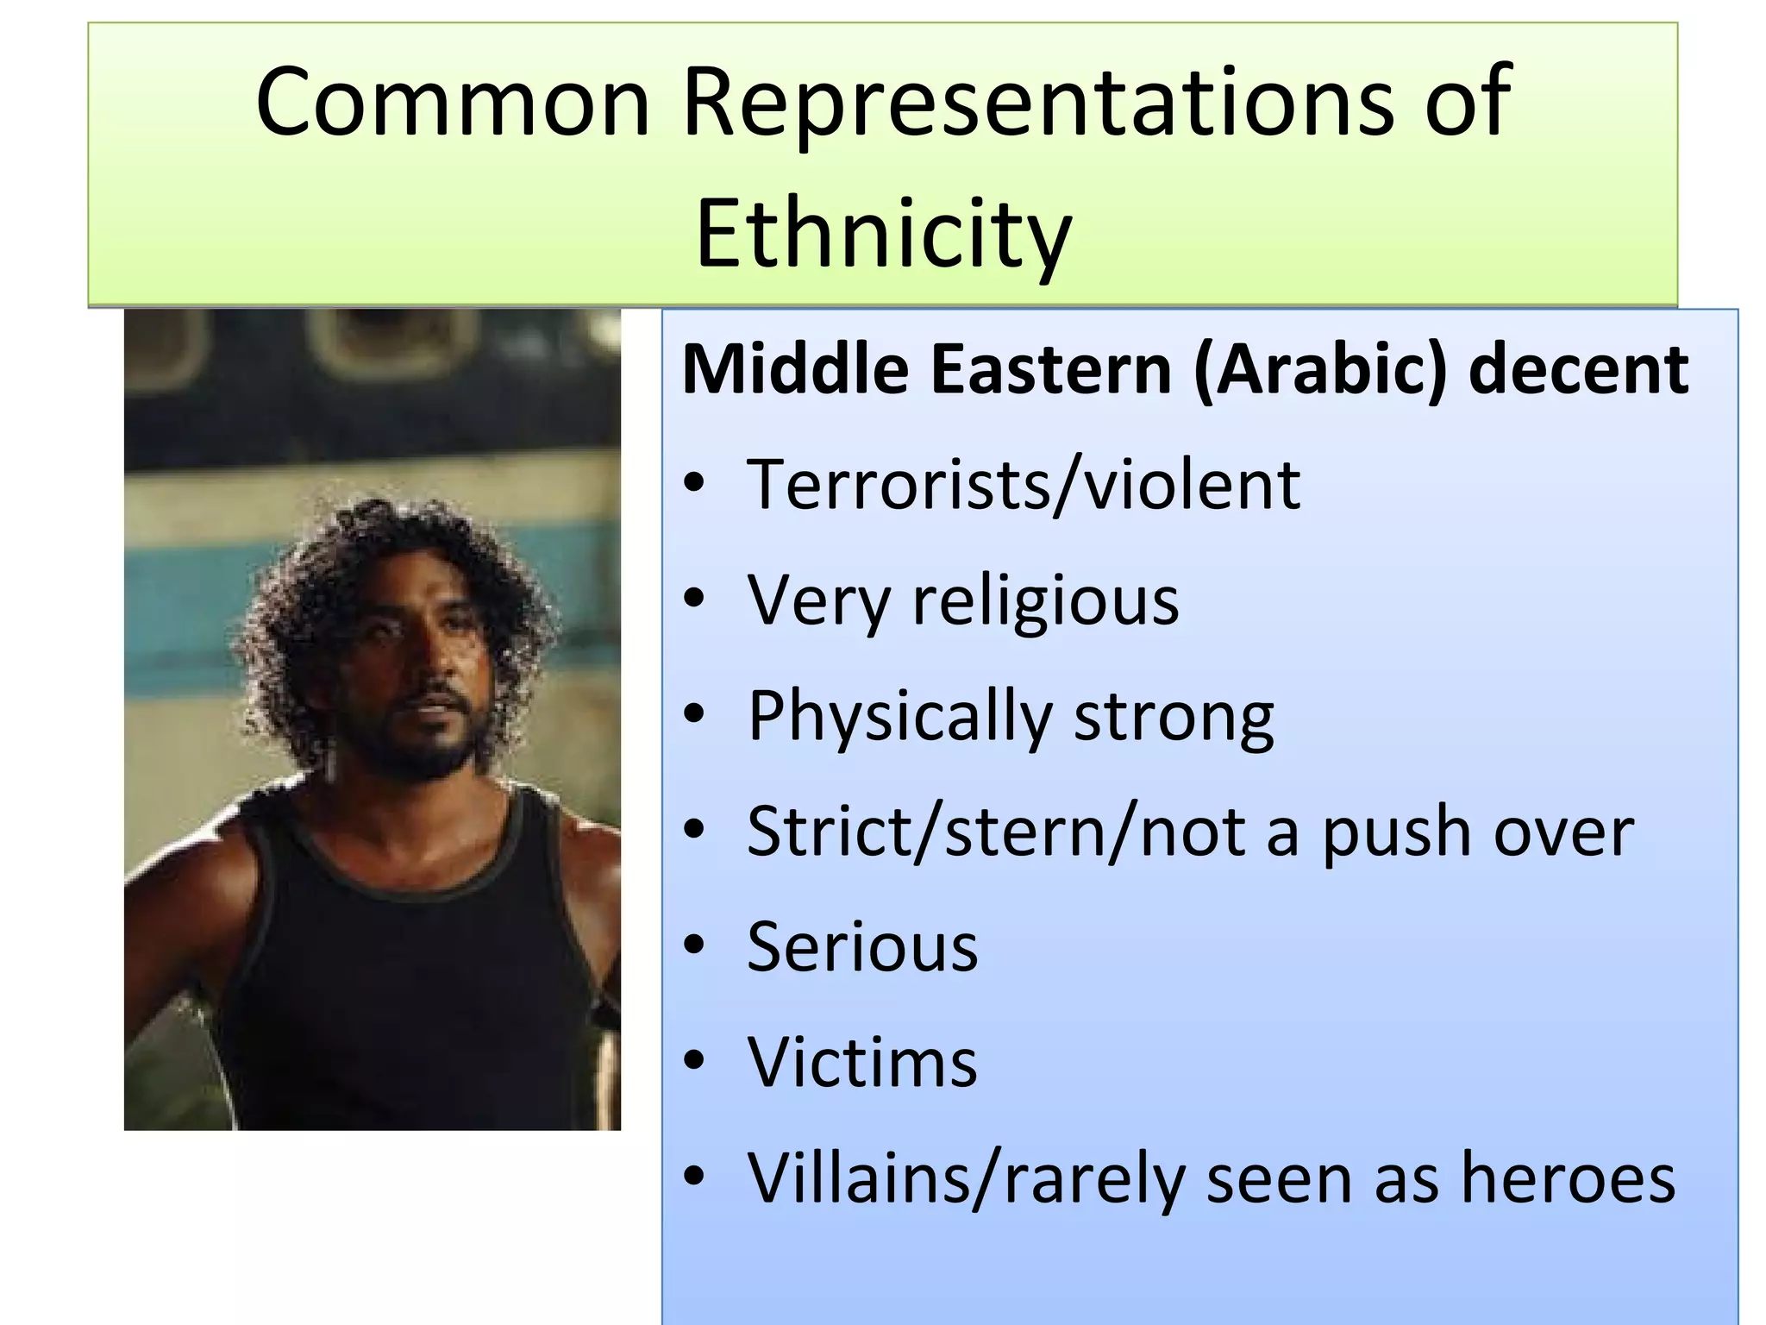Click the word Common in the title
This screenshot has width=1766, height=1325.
tap(452, 102)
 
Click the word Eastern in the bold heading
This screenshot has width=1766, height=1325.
tap(1051, 369)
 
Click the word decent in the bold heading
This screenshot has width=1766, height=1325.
tap(1578, 369)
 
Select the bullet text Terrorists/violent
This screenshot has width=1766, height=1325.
tap(1023, 485)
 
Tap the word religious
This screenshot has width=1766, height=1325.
tap(1045, 602)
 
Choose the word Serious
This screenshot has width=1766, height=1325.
tap(862, 947)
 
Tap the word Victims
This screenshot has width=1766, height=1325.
tap(862, 1063)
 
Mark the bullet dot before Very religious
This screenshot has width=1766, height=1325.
tap(694, 600)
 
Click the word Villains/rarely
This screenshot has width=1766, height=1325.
tap(966, 1178)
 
